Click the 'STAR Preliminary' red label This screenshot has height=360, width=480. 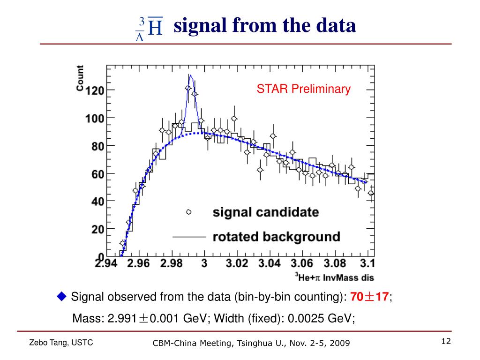tap(303, 89)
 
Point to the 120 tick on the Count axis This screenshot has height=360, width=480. tap(94, 90)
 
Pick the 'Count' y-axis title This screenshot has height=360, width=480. tap(80, 78)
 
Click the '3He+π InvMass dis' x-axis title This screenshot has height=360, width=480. tap(334, 277)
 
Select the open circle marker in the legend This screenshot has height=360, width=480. tap(189, 212)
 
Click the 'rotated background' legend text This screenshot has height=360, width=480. tap(276, 236)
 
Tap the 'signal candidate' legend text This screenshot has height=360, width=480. tap(266, 212)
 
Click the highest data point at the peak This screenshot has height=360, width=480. tap(188, 88)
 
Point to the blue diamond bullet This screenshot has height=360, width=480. tap(62, 296)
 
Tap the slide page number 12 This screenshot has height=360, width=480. tap(445, 341)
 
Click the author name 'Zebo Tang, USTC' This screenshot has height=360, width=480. tap(61, 343)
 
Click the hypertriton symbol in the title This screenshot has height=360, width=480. tap(149, 28)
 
